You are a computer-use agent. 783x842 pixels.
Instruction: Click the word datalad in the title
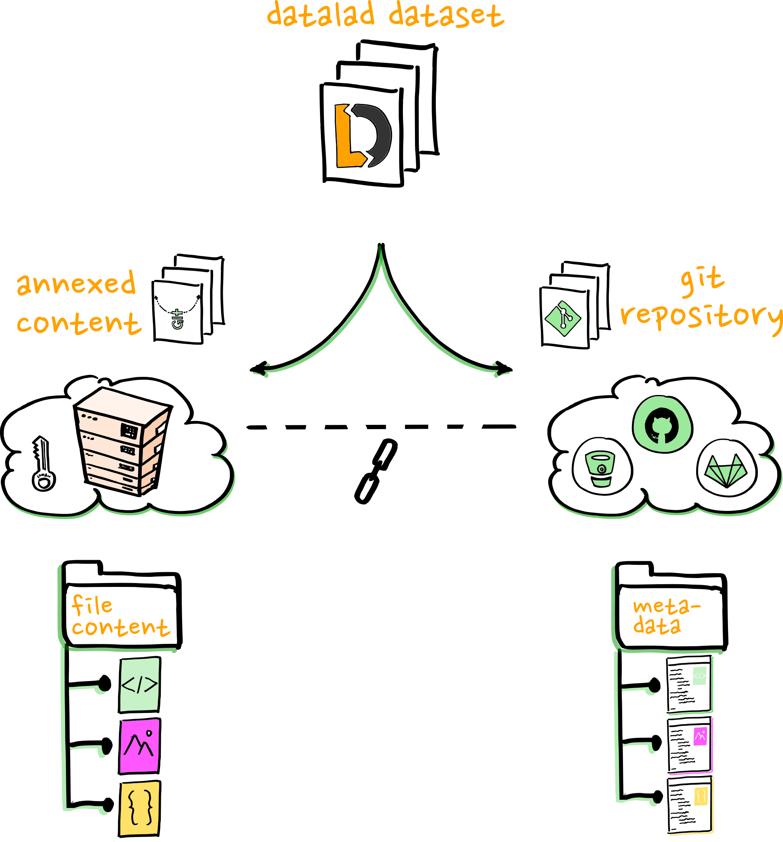tap(321, 14)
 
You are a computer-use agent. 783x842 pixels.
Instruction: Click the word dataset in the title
tap(446, 15)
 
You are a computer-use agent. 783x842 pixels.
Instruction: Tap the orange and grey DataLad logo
tap(362, 136)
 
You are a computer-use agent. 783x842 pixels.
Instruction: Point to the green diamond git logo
tap(563, 318)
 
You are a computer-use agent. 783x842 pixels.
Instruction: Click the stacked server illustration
tap(123, 440)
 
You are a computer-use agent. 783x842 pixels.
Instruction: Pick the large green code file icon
tap(140, 685)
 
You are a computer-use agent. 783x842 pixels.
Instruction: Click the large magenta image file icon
tap(140, 746)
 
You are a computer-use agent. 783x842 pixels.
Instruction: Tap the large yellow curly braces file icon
tap(140, 808)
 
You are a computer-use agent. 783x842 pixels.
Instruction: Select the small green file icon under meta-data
tap(700, 676)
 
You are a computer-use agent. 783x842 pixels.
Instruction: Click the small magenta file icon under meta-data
tap(700, 737)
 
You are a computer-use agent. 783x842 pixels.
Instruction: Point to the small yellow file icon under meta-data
tap(701, 797)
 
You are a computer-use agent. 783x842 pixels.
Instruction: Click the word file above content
tap(92, 605)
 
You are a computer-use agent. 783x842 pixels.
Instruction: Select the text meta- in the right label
tap(667, 607)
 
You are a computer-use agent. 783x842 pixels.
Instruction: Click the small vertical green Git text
tap(177, 319)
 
